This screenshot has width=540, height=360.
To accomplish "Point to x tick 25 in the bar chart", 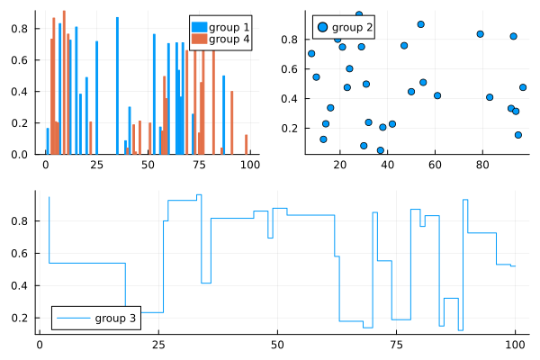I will tap(96, 165).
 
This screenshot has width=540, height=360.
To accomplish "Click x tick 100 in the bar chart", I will tap(249, 165).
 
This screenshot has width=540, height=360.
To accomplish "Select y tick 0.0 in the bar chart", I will tap(24, 154).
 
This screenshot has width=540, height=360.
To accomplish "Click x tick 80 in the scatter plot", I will tap(482, 165).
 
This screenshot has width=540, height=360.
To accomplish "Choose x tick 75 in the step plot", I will tap(396, 345).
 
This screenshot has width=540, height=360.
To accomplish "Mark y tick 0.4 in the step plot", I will tap(24, 286).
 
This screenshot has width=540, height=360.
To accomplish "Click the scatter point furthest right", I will tap(523, 87).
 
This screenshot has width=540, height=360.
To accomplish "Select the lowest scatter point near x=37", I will tap(381, 150).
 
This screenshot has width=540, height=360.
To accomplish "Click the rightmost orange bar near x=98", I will tap(246, 145).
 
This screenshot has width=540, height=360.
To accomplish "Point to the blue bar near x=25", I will tap(96, 97).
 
